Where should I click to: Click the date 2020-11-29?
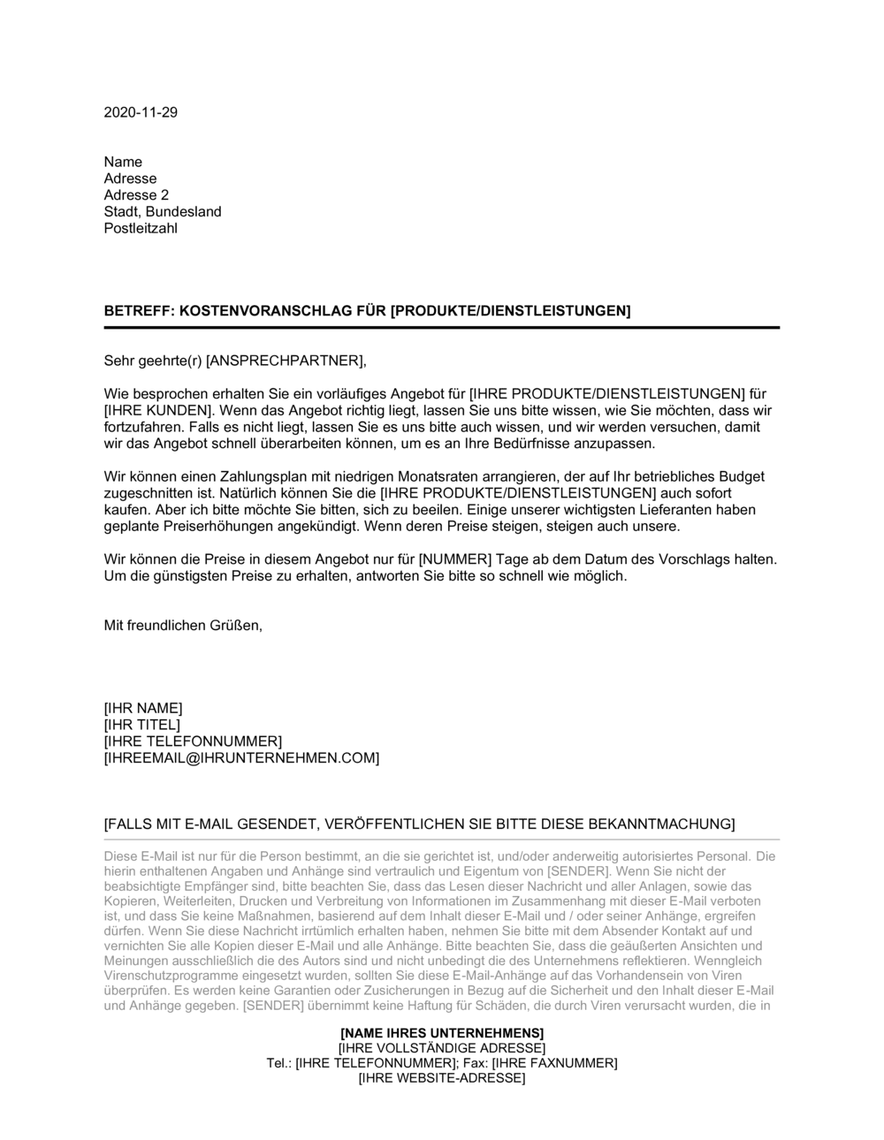pyautogui.click(x=141, y=112)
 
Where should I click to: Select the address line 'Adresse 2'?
pyautogui.click(x=136, y=195)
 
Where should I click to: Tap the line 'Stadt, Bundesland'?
pyautogui.click(x=163, y=212)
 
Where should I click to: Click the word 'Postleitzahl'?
pyautogui.click(x=141, y=229)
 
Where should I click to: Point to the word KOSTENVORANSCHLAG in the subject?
pyautogui.click(x=266, y=311)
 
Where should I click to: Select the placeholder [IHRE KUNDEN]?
pyautogui.click(x=158, y=411)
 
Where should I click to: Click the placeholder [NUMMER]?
pyautogui.click(x=454, y=560)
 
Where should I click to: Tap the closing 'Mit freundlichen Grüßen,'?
pyautogui.click(x=183, y=626)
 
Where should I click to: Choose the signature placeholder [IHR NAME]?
pyautogui.click(x=143, y=709)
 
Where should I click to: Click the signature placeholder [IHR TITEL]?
pyautogui.click(x=141, y=726)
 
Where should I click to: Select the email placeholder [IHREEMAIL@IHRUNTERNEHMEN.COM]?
pyautogui.click(x=241, y=758)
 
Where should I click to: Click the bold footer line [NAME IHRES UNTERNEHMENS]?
pyautogui.click(x=442, y=1033)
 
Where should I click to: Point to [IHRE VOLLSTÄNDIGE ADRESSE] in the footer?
pyautogui.click(x=442, y=1048)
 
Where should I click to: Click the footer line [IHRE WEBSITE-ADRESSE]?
pyautogui.click(x=442, y=1078)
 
